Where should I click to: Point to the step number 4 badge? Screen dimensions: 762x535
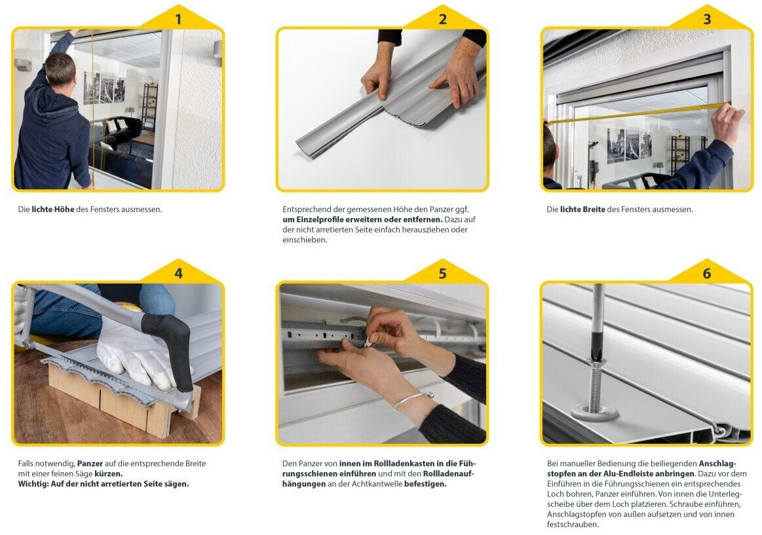[x=178, y=273]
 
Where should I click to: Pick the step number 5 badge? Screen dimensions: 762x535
[x=443, y=273]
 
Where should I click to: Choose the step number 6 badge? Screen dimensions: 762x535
[x=707, y=273]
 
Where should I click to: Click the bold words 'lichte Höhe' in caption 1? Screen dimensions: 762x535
[x=53, y=210]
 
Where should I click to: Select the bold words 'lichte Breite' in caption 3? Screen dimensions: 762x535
[x=582, y=210]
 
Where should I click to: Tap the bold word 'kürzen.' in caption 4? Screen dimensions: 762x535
[x=108, y=473]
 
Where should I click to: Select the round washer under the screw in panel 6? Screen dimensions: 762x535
[x=594, y=413]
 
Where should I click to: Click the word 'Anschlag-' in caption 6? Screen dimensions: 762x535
[x=717, y=463]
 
